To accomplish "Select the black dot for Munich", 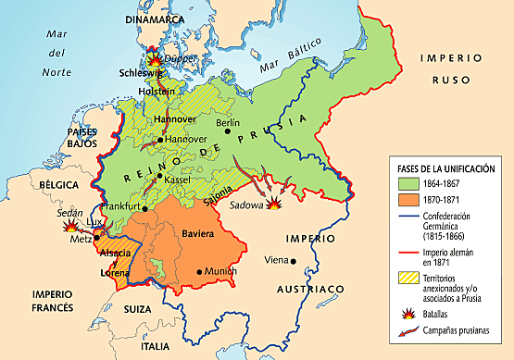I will point(200,272).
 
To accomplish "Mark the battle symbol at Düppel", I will point(155,57).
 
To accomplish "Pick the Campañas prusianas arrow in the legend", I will point(400,329).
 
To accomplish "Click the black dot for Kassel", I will point(159,176).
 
